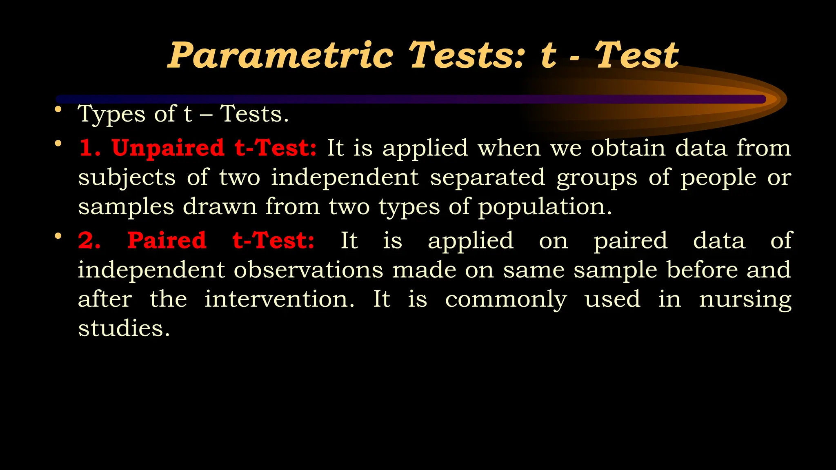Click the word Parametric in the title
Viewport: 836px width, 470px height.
tap(281, 56)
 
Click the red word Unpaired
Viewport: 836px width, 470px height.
tap(168, 148)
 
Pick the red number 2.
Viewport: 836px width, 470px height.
tap(89, 240)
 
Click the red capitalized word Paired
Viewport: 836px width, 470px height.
tap(167, 240)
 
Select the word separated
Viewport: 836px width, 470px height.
tap(487, 177)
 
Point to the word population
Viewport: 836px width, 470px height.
tap(545, 207)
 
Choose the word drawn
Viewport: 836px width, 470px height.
tap(220, 206)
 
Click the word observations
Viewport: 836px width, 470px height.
tap(308, 270)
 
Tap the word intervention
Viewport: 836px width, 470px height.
tap(279, 299)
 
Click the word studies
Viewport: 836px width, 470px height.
tap(124, 328)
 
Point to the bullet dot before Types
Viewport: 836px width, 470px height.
tap(58, 109)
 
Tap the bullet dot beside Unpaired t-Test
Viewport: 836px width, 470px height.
tap(58, 144)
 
